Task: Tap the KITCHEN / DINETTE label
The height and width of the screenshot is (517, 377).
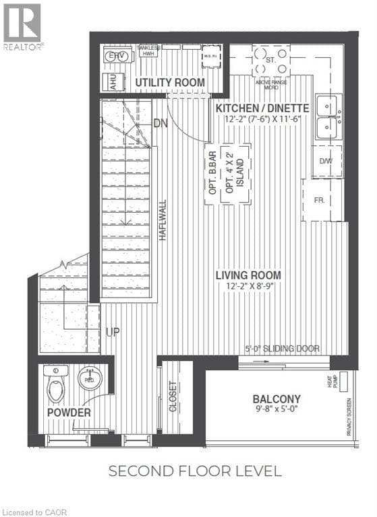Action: coord(262,108)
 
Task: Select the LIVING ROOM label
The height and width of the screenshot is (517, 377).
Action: coord(248,275)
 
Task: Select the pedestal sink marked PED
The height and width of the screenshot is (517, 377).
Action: coord(89,378)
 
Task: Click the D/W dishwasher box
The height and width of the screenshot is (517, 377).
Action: coord(326,161)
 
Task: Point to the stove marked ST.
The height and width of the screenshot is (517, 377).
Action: coord(270,61)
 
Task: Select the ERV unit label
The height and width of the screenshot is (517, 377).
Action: coord(119,56)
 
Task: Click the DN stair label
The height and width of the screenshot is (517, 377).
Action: coord(161,124)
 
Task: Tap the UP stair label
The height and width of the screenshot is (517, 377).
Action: coord(112,333)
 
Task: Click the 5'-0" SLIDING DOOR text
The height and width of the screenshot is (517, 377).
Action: coord(282,349)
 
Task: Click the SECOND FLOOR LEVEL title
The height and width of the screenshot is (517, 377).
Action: coord(195,471)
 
